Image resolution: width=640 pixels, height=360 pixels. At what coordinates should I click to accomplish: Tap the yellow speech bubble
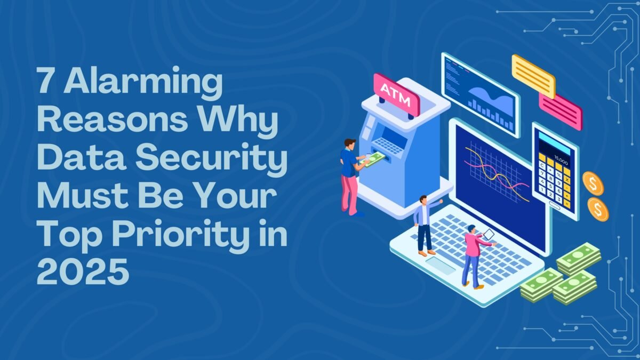coord(533,76)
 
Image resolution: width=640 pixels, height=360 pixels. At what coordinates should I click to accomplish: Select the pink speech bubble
coord(560,111)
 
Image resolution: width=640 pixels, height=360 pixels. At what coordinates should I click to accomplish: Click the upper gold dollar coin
coord(593,183)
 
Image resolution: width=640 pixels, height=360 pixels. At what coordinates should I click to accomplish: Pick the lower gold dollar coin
coord(598,209)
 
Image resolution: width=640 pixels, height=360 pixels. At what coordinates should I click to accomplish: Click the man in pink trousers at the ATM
coord(350,176)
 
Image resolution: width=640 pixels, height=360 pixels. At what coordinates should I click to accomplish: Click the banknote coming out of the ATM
coord(374,158)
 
